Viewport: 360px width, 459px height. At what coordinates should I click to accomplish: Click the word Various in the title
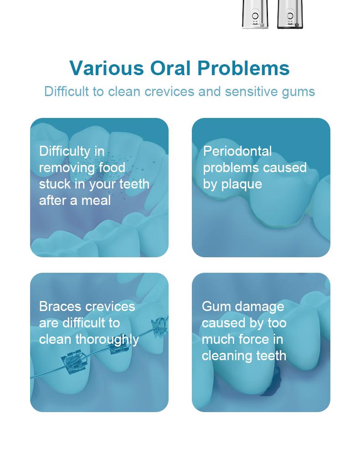(106, 68)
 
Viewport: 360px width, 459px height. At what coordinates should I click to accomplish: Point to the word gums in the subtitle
(298, 92)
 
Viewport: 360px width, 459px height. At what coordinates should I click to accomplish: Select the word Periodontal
(237, 151)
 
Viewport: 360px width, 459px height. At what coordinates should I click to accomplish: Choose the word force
(255, 340)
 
